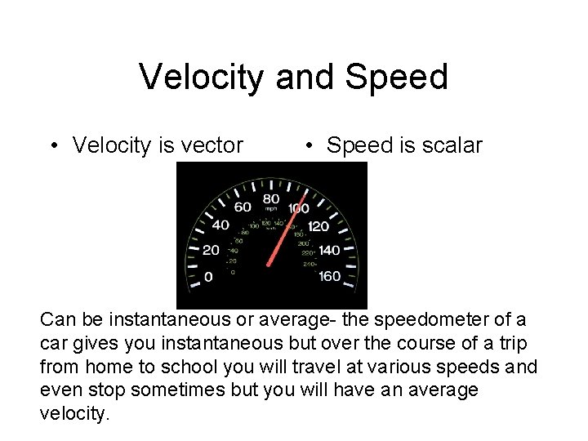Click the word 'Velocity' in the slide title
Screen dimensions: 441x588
202,77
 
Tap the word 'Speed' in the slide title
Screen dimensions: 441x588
399,77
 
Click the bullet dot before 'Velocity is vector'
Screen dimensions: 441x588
52,146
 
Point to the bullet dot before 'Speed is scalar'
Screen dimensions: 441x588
310,146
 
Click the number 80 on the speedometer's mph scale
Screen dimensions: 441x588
270,198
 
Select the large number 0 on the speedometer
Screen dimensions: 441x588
208,277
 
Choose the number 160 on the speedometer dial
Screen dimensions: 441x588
329,276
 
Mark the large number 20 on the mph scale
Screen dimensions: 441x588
211,251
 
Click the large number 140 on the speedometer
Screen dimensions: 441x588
329,251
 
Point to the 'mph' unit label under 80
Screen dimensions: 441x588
270,209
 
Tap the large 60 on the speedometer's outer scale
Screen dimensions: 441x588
243,207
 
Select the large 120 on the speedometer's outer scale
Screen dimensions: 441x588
318,225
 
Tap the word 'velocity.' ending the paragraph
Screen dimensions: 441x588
73,414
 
